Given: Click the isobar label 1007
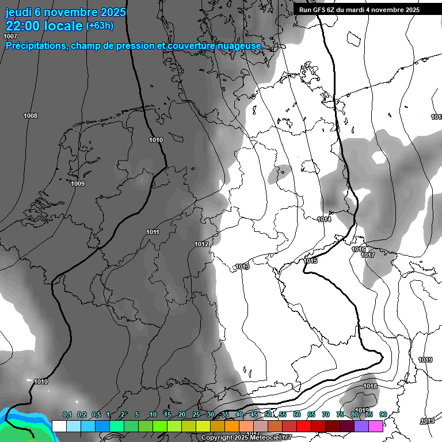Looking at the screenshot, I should (10, 37).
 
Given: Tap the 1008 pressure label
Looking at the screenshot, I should (31, 116).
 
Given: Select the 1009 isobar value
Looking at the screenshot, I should (78, 184).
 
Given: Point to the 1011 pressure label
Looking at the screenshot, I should (153, 233).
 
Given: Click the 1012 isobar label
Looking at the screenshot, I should (201, 245).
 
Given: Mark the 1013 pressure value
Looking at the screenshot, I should (242, 266).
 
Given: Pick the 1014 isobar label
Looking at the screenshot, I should (324, 220).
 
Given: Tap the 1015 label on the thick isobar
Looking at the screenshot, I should (310, 261).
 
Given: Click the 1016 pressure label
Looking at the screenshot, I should (359, 249).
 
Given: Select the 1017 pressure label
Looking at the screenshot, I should (368, 256).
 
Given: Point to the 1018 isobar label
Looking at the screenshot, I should (370, 386).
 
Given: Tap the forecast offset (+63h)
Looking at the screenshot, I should (100, 26).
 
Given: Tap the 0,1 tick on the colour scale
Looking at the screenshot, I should (67, 415).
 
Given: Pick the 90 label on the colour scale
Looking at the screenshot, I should (383, 415).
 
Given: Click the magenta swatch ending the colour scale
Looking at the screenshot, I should (376, 426).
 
